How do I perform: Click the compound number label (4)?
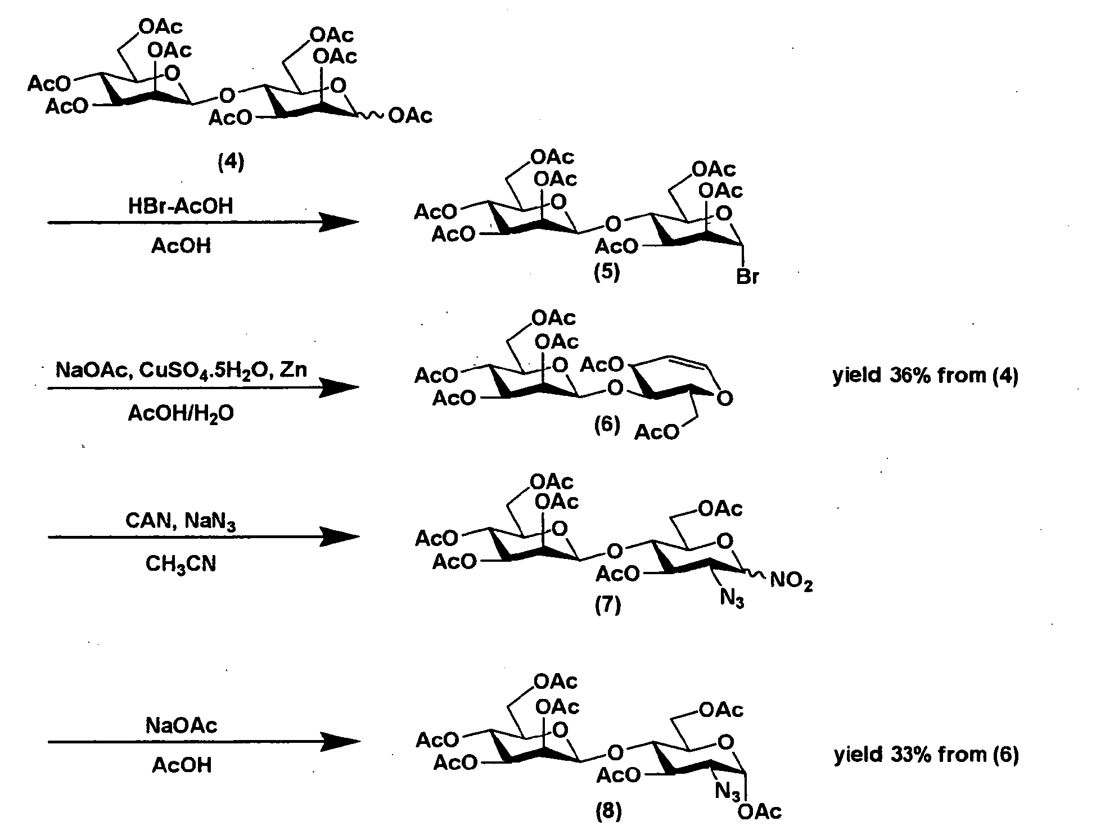coord(231,163)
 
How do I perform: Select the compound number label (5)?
coord(607,273)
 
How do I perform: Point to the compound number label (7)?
coord(607,606)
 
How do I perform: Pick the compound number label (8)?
coord(608,811)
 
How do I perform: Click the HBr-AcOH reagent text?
coord(181,206)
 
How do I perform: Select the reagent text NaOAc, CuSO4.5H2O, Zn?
coord(181,372)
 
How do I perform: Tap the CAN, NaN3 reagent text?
coord(180,522)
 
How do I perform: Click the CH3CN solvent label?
coord(181,564)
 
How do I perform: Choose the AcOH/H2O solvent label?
coord(181,414)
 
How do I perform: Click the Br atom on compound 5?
coord(747,277)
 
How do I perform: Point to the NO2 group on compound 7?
coord(791,581)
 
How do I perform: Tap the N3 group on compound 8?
coord(728,793)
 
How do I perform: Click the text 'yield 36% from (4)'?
coord(925,376)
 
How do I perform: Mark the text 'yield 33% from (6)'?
coord(926,755)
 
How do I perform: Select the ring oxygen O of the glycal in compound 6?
coord(725,399)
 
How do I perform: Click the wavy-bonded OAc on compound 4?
coord(411,116)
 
